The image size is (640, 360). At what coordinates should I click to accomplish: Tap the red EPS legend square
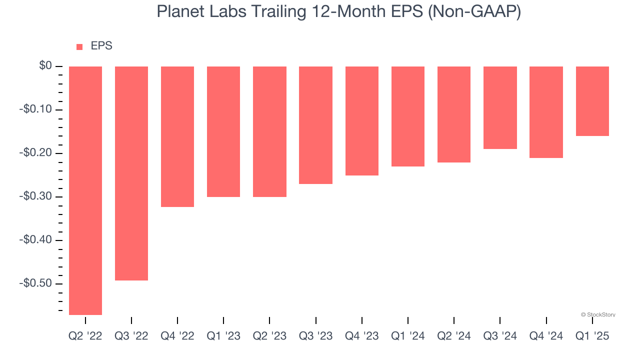point(79,47)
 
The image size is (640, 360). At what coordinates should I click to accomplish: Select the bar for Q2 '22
point(85,190)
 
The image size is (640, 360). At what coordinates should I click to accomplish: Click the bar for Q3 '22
point(131,173)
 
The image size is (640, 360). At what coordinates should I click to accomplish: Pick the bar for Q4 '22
point(177,136)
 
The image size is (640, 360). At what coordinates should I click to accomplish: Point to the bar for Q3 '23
point(315,125)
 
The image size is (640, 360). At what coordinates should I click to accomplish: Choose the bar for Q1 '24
point(408,116)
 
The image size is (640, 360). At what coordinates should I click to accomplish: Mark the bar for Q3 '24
point(500,107)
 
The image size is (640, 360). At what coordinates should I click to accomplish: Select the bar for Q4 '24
point(546,112)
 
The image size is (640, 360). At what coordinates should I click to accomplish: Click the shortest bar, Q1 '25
point(592,101)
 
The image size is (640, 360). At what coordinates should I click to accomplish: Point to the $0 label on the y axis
point(45,66)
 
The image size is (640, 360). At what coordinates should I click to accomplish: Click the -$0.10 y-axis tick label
point(35,109)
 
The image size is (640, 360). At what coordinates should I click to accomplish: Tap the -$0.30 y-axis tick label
point(35,196)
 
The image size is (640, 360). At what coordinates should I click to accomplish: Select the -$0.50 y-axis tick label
point(35,283)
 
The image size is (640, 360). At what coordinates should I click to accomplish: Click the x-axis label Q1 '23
point(223,336)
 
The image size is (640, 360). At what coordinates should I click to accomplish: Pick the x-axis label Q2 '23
point(269,336)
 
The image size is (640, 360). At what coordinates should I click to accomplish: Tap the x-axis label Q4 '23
point(362,336)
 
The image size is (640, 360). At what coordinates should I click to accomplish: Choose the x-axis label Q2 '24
point(454,336)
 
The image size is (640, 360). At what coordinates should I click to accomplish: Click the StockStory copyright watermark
point(598,314)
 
